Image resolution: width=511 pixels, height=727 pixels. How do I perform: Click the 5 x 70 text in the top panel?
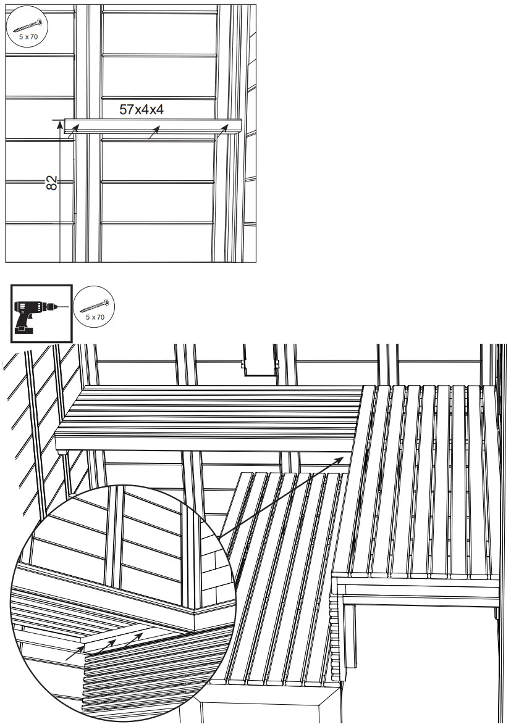point(26,36)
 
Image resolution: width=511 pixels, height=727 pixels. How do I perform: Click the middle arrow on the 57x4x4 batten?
point(154,132)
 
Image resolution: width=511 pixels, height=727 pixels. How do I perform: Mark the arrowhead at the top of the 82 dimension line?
point(60,124)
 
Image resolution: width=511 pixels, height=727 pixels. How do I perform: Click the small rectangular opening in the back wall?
point(258,365)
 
